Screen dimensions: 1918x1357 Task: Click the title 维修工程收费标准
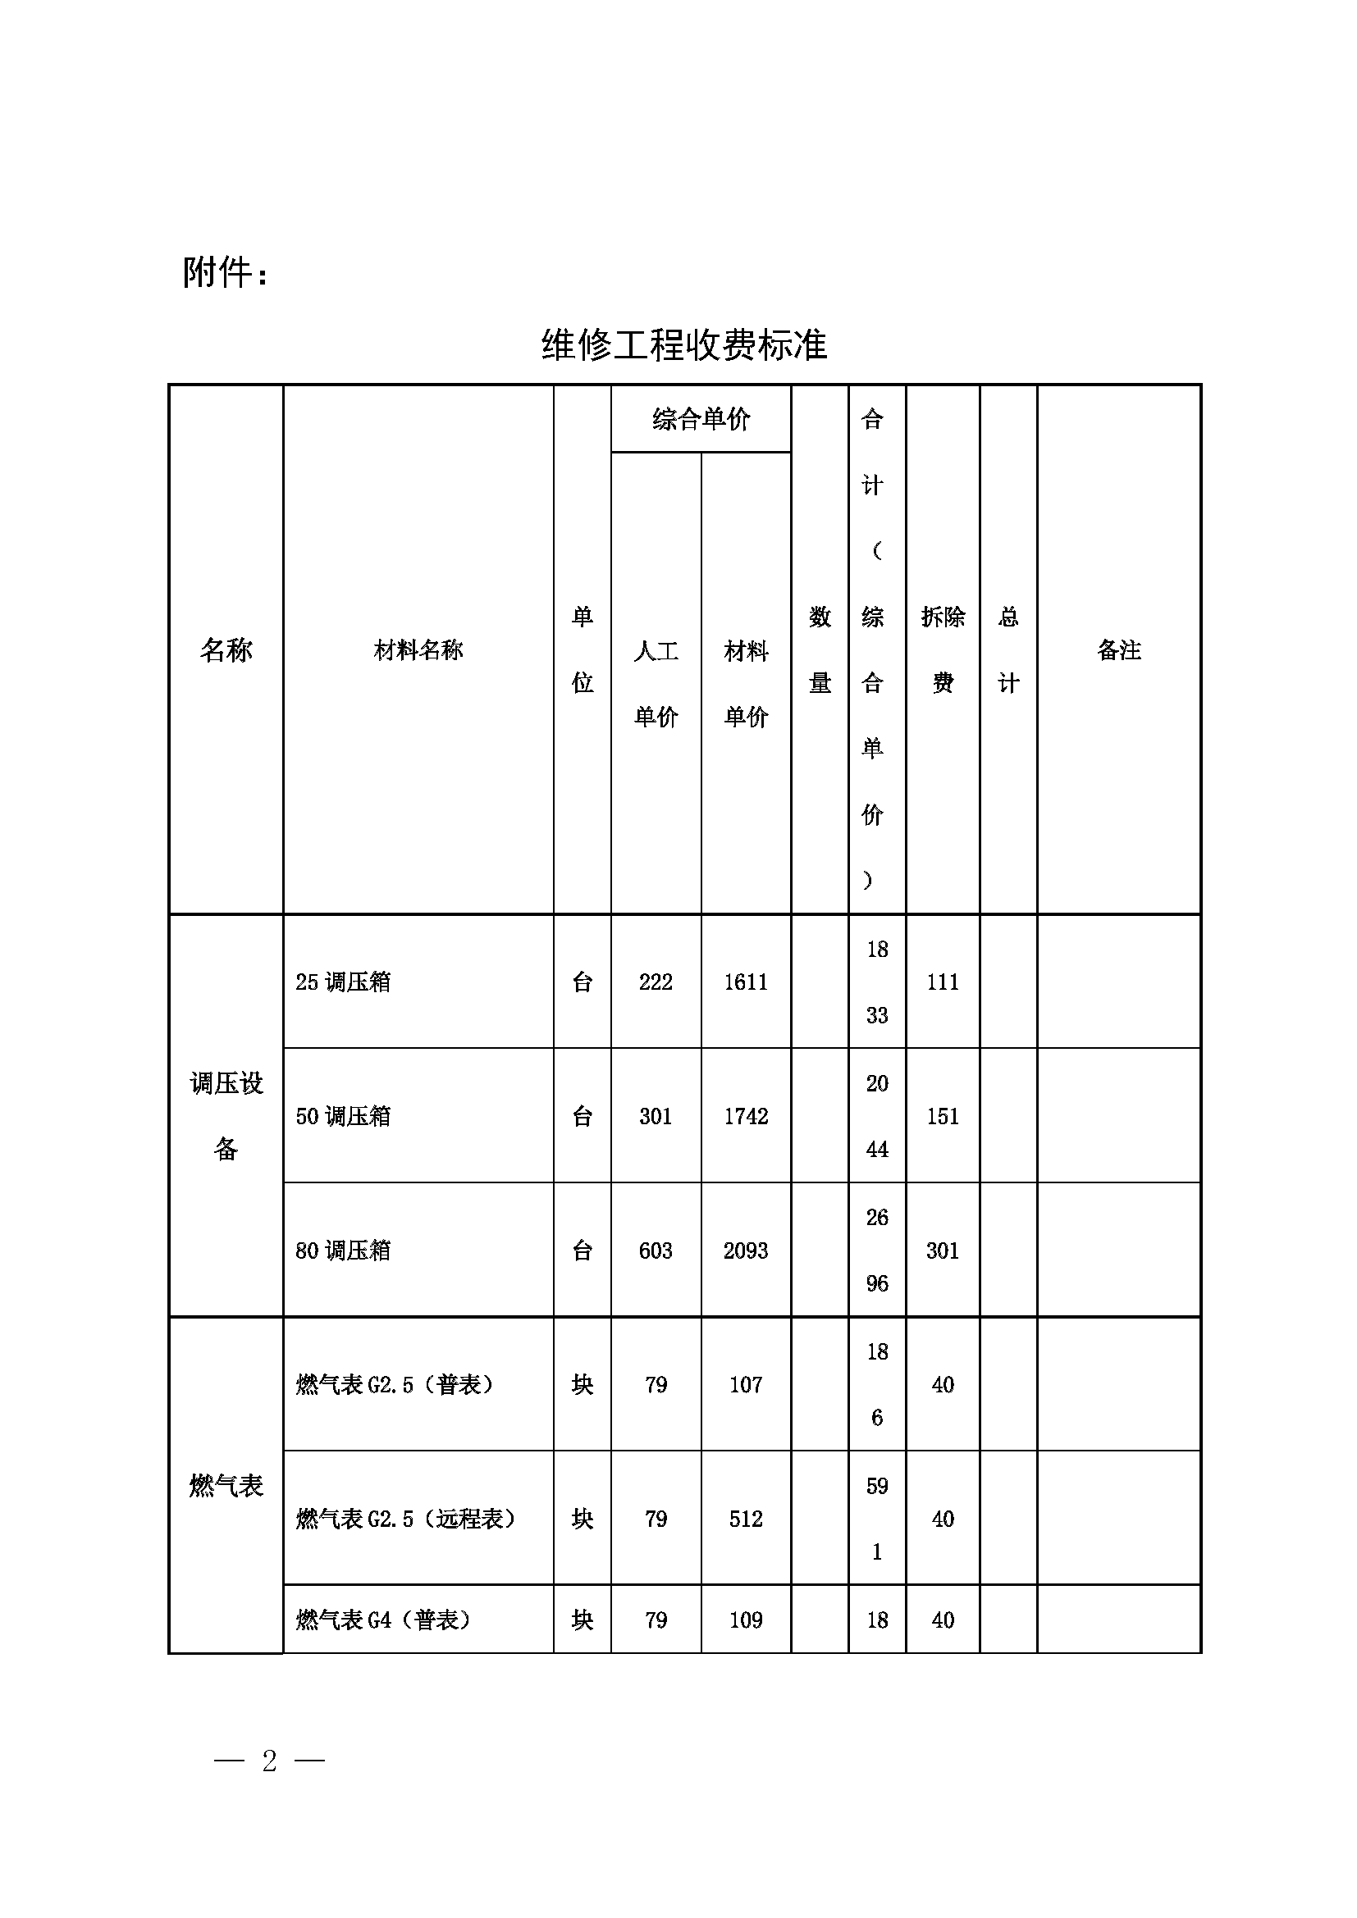683,344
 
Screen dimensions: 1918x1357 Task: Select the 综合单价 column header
701,418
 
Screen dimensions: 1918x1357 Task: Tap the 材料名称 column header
418,649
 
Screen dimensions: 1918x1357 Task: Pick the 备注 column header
1119,649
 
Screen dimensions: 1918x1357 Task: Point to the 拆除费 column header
943,649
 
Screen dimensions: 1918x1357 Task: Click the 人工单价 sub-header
656,682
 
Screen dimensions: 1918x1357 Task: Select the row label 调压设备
226,1115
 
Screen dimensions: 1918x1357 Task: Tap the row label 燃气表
226,1485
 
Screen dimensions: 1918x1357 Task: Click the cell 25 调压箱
344,982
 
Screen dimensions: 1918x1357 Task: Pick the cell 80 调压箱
344,1251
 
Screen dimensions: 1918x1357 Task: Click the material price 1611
745,982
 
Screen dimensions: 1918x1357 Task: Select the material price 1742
745,1116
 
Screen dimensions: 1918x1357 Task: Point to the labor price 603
656,1251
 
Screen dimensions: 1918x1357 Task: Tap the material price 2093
745,1251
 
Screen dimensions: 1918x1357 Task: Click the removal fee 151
943,1116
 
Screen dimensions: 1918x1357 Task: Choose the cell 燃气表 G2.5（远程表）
406,1519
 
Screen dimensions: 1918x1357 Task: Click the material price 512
745,1519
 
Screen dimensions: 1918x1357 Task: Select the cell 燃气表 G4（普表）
383,1620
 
